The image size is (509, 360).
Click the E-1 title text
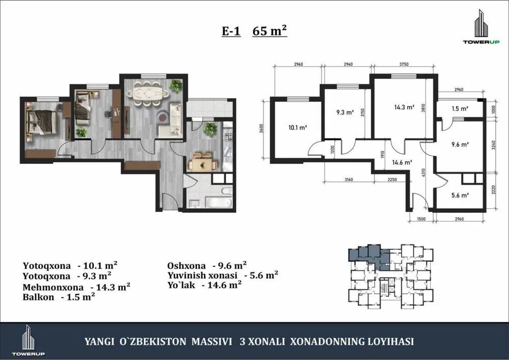(x=231, y=31)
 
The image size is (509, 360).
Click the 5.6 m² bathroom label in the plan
(x=459, y=194)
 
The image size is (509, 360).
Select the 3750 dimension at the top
(x=404, y=65)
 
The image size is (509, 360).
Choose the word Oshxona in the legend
(x=186, y=265)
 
